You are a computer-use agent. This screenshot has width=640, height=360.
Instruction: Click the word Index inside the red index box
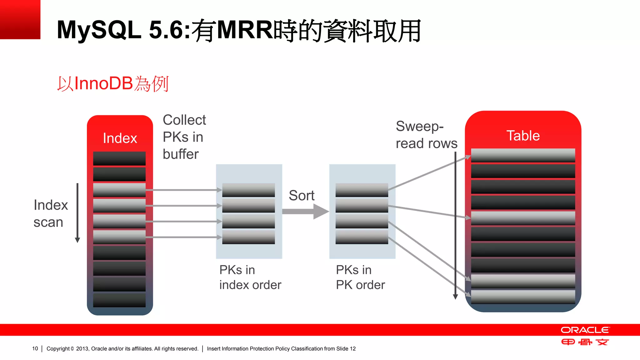(120, 138)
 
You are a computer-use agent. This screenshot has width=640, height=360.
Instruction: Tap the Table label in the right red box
(523, 136)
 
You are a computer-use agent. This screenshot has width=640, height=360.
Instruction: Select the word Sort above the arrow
(301, 196)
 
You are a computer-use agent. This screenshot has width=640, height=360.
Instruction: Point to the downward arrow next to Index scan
(77, 213)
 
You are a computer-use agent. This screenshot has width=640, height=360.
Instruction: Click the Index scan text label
(50, 213)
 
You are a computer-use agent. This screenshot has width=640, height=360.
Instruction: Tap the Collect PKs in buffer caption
(184, 137)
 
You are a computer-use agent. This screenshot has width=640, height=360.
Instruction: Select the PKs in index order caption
(250, 277)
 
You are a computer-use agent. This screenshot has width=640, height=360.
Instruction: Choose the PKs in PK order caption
(360, 277)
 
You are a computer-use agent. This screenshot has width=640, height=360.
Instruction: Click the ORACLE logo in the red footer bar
(585, 330)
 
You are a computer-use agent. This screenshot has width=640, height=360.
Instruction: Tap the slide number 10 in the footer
(35, 349)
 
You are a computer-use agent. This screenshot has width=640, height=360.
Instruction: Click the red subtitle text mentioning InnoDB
(113, 84)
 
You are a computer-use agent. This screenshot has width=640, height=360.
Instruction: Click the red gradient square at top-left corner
(20, 19)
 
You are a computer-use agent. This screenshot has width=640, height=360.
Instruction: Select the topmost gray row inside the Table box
(523, 155)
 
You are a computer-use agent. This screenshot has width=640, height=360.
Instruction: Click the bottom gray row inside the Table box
(523, 297)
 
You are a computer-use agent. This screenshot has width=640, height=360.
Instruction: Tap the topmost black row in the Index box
(119, 158)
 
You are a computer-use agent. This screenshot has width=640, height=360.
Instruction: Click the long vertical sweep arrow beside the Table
(455, 225)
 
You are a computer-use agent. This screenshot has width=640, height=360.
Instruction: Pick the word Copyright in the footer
(58, 349)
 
